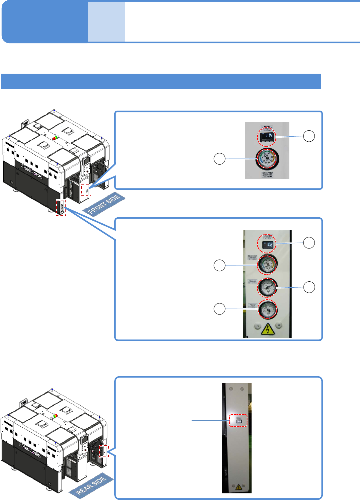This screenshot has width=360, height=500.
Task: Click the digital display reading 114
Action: point(267,136)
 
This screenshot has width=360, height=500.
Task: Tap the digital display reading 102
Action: point(267,245)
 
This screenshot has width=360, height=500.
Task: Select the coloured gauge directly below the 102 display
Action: point(267,264)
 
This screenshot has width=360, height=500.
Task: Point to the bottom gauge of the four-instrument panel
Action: point(267,309)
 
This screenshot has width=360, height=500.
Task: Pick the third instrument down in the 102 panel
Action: point(267,287)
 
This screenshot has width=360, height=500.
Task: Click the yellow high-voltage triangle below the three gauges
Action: point(267,329)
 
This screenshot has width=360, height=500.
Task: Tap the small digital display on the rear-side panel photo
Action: point(238,421)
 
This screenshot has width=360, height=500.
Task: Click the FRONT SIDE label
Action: point(104,204)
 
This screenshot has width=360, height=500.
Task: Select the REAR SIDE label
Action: point(91,485)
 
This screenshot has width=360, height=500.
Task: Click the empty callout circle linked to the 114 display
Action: point(309,136)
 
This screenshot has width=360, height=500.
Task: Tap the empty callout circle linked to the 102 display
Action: point(309,243)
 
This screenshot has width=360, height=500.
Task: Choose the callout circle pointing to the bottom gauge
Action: point(219,309)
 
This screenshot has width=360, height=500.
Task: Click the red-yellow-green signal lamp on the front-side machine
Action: point(55,137)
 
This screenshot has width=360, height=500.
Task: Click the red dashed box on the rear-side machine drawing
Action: point(104,451)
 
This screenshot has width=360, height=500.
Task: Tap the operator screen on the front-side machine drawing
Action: point(86,160)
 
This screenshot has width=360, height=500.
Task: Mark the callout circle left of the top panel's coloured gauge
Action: point(219,159)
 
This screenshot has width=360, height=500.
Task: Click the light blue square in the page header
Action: point(106,22)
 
